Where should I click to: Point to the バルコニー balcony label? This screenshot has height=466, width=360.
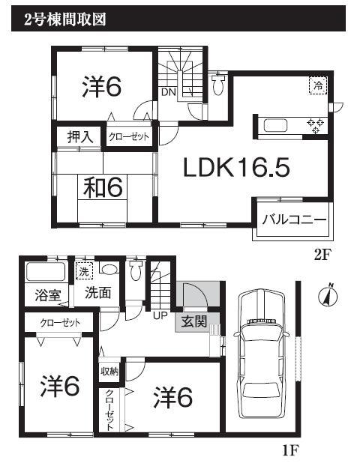(x=293, y=220)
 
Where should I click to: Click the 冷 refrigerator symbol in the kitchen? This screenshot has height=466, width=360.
(x=319, y=85)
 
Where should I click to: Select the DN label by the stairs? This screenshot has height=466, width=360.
(x=168, y=93)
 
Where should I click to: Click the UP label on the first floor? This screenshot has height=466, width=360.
(x=160, y=315)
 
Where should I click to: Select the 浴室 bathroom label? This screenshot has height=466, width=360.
(x=46, y=295)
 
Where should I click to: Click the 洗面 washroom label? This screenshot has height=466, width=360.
(x=97, y=292)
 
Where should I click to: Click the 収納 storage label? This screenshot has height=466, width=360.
(x=108, y=370)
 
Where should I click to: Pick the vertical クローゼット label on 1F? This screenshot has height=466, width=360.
(x=109, y=411)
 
